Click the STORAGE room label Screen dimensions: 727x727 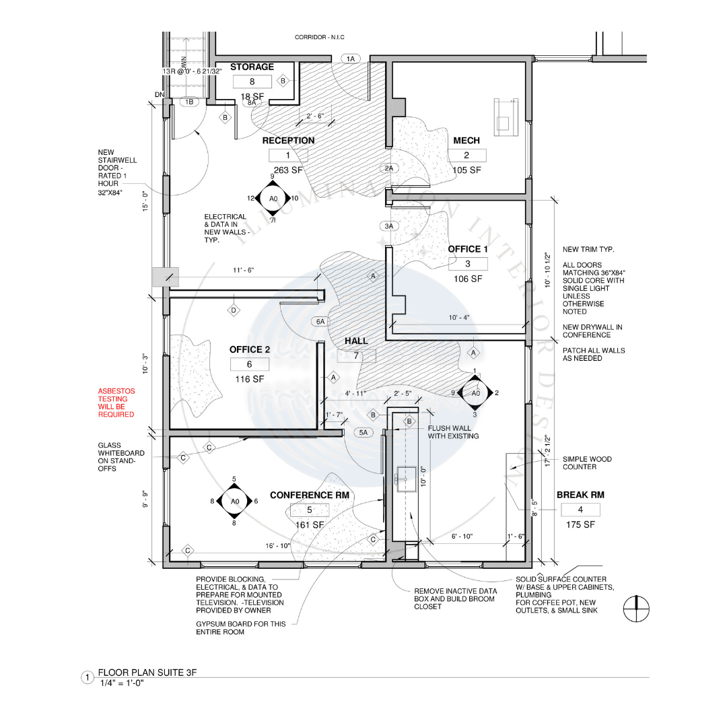coord(252,67)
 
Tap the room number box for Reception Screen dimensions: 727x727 coord(288,155)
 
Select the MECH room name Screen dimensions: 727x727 coord(466,140)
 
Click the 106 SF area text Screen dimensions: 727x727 coord(468,279)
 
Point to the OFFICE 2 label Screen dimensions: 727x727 coord(250,349)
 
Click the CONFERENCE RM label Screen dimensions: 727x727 coord(310,495)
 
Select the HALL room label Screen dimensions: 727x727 coord(356,341)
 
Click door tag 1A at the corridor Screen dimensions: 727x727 coord(350,59)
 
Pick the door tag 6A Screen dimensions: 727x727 coord(320,322)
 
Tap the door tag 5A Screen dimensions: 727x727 coord(363,433)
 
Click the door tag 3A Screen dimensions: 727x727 coord(389,226)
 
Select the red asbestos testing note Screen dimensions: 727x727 coord(116,403)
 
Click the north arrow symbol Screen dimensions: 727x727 coord(636,610)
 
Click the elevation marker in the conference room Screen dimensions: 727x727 coord(235,501)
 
